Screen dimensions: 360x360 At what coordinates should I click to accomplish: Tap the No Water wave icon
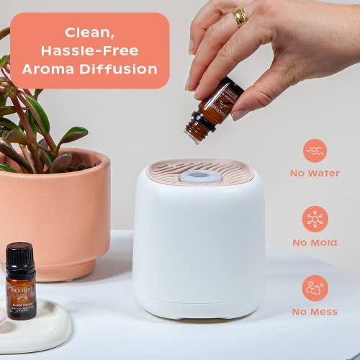(x=315, y=150)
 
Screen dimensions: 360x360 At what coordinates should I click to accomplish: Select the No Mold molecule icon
(x=315, y=218)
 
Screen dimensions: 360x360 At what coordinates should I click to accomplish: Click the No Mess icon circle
(x=315, y=288)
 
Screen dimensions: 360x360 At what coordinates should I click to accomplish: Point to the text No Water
(x=315, y=173)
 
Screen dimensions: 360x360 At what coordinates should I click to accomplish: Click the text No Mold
(x=315, y=243)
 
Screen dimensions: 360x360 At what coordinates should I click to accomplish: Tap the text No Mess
(x=315, y=312)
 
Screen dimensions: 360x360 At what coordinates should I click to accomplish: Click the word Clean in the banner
(x=90, y=32)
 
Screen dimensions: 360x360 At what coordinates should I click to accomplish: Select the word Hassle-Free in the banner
(x=90, y=50)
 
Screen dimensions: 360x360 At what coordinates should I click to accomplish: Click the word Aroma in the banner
(x=50, y=69)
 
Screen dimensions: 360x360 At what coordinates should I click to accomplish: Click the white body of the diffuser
(x=199, y=245)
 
